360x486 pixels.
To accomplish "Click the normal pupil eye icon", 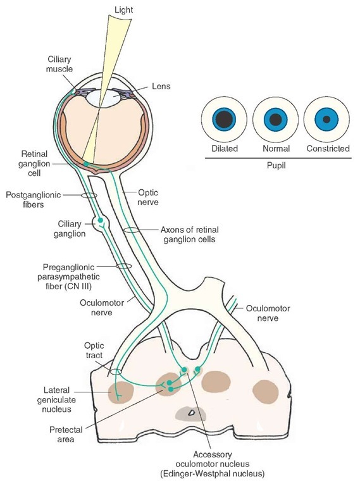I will pyautogui.click(x=275, y=119).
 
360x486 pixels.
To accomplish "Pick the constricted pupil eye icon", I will pyautogui.click(x=326, y=119).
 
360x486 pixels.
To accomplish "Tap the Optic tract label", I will pyautogui.click(x=96, y=352).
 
